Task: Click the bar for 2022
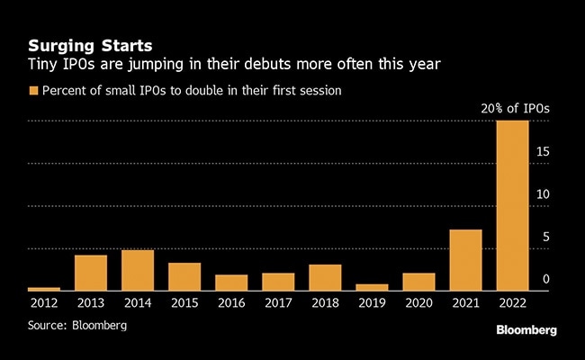512,205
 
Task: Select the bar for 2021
465,260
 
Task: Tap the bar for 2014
138,270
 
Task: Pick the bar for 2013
91,273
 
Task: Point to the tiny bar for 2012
44,289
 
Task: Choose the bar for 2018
325,277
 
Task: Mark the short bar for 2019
372,287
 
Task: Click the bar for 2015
184,276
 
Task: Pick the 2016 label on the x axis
231,303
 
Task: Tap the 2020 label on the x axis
418,303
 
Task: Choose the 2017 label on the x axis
278,303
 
